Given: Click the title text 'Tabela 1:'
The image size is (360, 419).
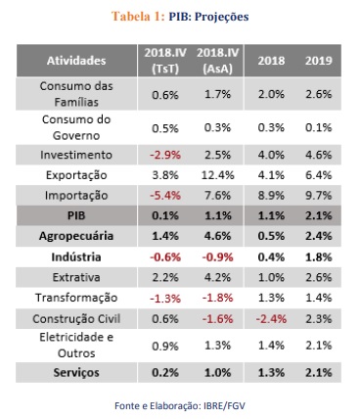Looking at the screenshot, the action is tap(138, 17).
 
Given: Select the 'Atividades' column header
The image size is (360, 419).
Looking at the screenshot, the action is tap(76, 61).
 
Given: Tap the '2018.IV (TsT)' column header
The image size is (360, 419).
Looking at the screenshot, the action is tap(165, 61).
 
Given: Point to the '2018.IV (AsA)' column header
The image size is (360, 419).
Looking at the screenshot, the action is tap(217, 61).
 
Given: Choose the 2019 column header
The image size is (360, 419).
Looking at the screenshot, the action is tap(319, 61).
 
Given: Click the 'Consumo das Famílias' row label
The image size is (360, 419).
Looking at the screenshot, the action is tap(76, 94).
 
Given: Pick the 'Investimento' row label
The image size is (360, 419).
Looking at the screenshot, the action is tap(76, 155).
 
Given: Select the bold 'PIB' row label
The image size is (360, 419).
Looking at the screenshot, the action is tap(76, 215).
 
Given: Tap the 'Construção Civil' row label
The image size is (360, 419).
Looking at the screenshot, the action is tap(76, 319).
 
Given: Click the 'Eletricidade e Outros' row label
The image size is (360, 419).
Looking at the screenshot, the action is tap(76, 345).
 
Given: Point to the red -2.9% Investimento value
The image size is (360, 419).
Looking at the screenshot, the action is tap(165, 155).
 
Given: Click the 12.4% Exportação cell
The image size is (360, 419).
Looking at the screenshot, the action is tap(217, 175).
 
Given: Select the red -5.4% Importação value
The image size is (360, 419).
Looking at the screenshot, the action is tap(165, 196).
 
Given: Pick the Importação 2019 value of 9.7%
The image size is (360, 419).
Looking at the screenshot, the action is tap(319, 196).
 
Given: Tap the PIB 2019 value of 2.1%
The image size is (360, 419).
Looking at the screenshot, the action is tap(319, 215).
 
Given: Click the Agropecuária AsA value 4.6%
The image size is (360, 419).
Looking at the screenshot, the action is tap(217, 236).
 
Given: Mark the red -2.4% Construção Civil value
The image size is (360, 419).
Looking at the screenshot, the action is tap(271, 319).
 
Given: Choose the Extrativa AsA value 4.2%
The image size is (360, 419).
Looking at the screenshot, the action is tap(217, 277).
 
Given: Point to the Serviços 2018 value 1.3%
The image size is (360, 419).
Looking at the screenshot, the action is tap(271, 373).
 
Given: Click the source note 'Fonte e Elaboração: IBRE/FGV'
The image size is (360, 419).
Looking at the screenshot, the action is tap(180, 406).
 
